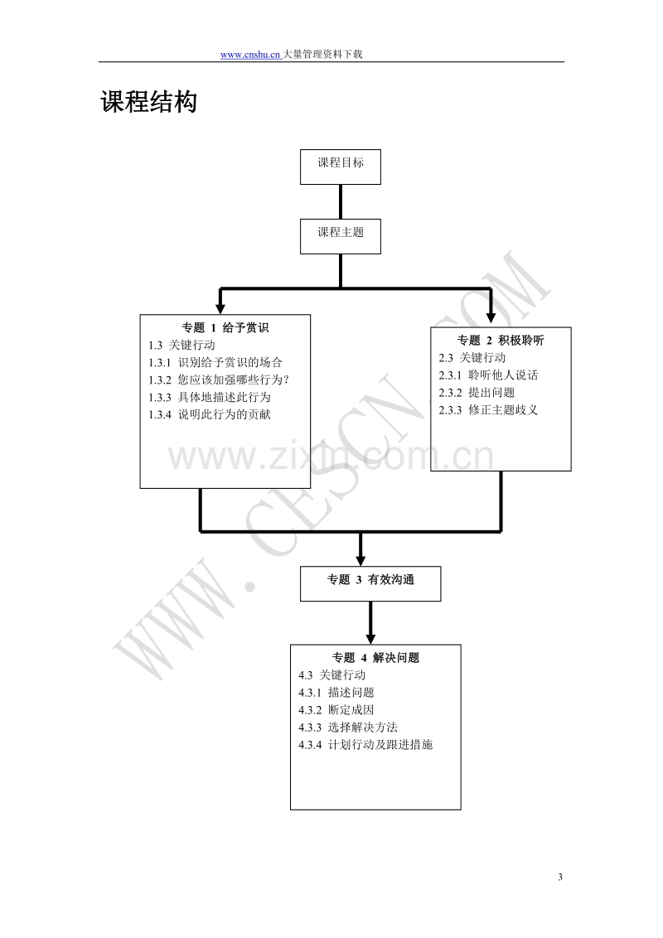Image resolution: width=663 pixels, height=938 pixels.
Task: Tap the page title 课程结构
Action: click(149, 102)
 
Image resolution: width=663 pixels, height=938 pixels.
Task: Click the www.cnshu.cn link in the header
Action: click(250, 55)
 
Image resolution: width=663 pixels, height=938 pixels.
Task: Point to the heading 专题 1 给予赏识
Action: click(225, 328)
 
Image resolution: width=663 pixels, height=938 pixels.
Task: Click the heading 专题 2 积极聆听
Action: click(501, 341)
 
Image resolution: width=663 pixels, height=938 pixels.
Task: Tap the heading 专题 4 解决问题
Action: click(375, 658)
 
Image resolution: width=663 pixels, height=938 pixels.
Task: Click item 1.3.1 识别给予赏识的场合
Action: click(215, 362)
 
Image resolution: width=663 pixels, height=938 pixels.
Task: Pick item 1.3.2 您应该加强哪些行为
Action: click(219, 380)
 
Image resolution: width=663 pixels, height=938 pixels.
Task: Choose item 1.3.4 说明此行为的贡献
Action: click(210, 414)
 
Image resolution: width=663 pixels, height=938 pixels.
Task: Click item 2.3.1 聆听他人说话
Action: click(488, 375)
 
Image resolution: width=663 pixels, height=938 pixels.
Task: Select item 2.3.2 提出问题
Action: click(477, 393)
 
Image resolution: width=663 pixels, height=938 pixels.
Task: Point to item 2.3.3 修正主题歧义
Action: click(488, 410)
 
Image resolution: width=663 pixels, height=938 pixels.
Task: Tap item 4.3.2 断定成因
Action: click(336, 710)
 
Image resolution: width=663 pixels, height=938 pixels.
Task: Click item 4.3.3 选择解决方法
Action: click(348, 728)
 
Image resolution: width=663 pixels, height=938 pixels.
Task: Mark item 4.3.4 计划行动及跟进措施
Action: click(365, 745)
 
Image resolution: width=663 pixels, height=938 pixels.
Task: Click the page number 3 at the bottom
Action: click(560, 877)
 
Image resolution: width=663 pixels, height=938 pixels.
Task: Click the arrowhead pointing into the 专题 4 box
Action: click(370, 639)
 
